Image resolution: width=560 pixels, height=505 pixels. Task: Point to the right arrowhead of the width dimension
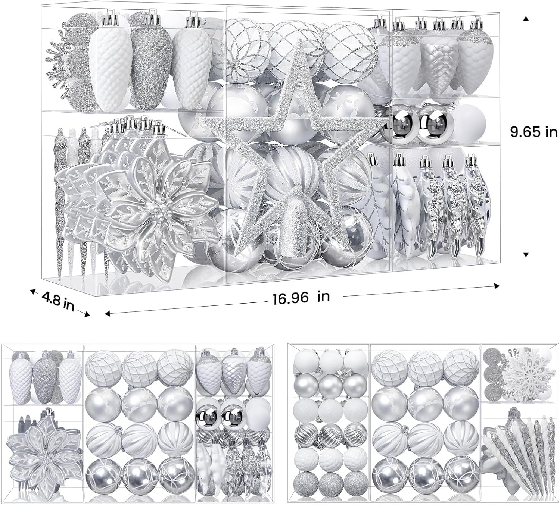[496, 285]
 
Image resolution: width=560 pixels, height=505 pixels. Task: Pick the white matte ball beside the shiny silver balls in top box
[469, 125]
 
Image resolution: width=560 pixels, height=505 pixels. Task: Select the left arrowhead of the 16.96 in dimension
[108, 314]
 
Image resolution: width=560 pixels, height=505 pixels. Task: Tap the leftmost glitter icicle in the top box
[59, 204]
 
